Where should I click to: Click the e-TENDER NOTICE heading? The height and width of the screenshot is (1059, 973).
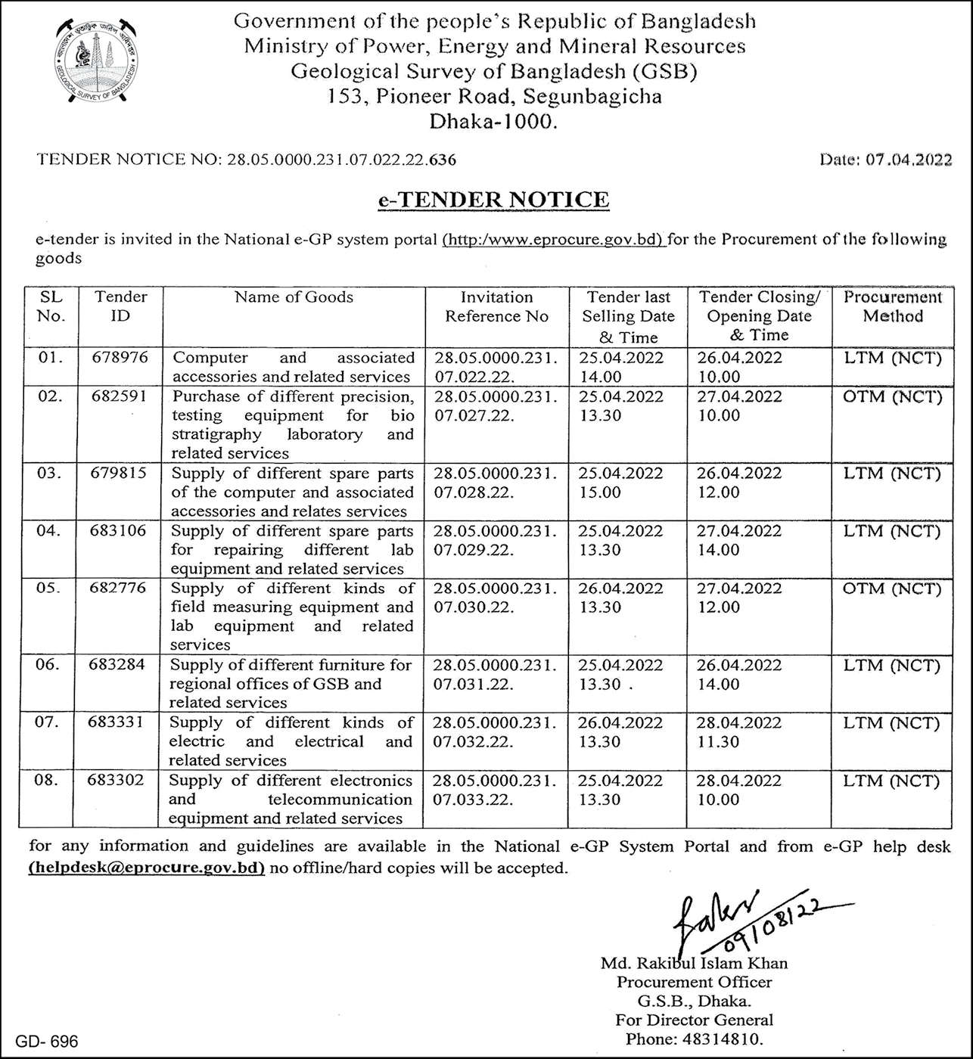pos(493,200)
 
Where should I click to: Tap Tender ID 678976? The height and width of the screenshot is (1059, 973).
pos(120,358)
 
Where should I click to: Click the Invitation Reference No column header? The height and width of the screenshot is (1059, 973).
pos(496,307)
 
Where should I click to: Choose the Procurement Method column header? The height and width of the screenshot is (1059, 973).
pos(893,307)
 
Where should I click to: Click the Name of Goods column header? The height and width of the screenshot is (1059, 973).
pos(294,297)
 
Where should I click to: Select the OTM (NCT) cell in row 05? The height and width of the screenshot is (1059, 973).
pos(892,589)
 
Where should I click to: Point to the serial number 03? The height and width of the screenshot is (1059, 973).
pos(49,474)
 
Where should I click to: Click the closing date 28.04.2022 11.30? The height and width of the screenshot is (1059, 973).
pos(738,732)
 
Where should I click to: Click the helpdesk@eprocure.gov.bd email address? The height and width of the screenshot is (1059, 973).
pos(147,868)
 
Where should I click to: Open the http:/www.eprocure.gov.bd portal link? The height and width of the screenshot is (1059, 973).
pos(553,240)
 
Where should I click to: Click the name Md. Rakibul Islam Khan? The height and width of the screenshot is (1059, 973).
pos(694,964)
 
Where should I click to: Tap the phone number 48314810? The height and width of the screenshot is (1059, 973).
pos(727,1039)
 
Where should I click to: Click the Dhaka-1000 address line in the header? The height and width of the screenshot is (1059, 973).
pos(493,121)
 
